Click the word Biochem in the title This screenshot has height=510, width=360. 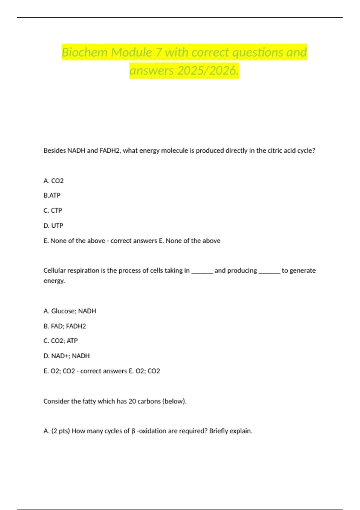(85, 52)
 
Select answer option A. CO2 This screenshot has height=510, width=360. (54, 181)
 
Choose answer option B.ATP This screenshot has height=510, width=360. (52, 196)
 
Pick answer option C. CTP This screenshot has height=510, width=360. (53, 211)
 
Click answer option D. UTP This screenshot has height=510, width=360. (53, 226)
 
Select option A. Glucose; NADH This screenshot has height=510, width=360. (70, 311)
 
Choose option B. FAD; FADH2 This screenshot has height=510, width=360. (65, 326)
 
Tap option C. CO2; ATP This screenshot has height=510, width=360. (61, 341)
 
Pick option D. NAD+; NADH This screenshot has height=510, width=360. (67, 356)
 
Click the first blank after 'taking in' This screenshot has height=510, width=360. (202, 271)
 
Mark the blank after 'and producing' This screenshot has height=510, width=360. (269, 271)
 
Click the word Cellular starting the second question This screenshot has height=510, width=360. (54, 271)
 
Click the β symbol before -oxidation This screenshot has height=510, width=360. (133, 431)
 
